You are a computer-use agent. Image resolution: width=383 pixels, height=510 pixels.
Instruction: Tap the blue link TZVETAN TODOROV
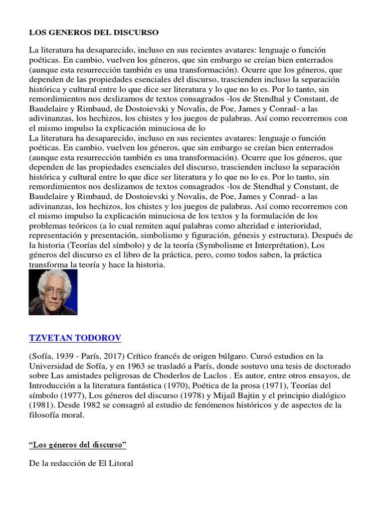75,338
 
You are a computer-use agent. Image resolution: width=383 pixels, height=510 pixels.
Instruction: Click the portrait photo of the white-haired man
53,292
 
